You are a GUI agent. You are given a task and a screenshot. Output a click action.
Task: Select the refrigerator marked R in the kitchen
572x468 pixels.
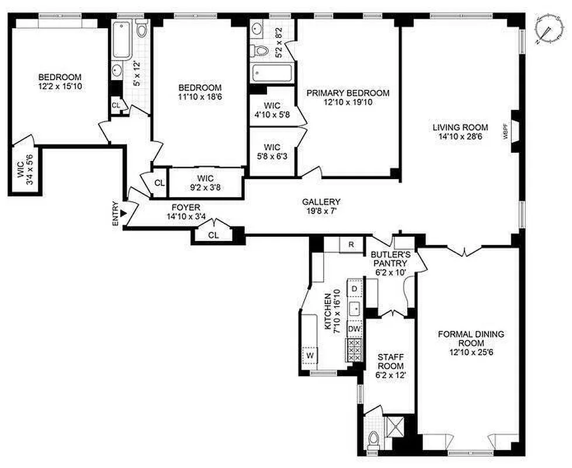click(351, 245)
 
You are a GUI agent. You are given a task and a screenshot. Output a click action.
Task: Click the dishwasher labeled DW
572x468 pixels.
click(354, 329)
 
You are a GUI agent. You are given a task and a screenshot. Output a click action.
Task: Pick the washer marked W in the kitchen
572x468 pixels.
click(310, 354)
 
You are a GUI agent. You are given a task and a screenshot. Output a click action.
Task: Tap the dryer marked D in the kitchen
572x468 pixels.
click(354, 289)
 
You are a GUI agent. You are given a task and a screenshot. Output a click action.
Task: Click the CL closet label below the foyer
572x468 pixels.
click(213, 235)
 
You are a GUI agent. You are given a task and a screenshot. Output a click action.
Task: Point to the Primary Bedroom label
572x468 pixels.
click(348, 98)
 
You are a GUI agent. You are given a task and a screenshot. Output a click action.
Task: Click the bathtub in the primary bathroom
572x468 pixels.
click(272, 74)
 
